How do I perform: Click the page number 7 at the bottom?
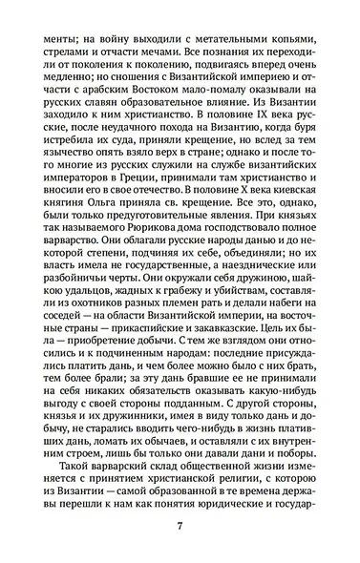point(179,527)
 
